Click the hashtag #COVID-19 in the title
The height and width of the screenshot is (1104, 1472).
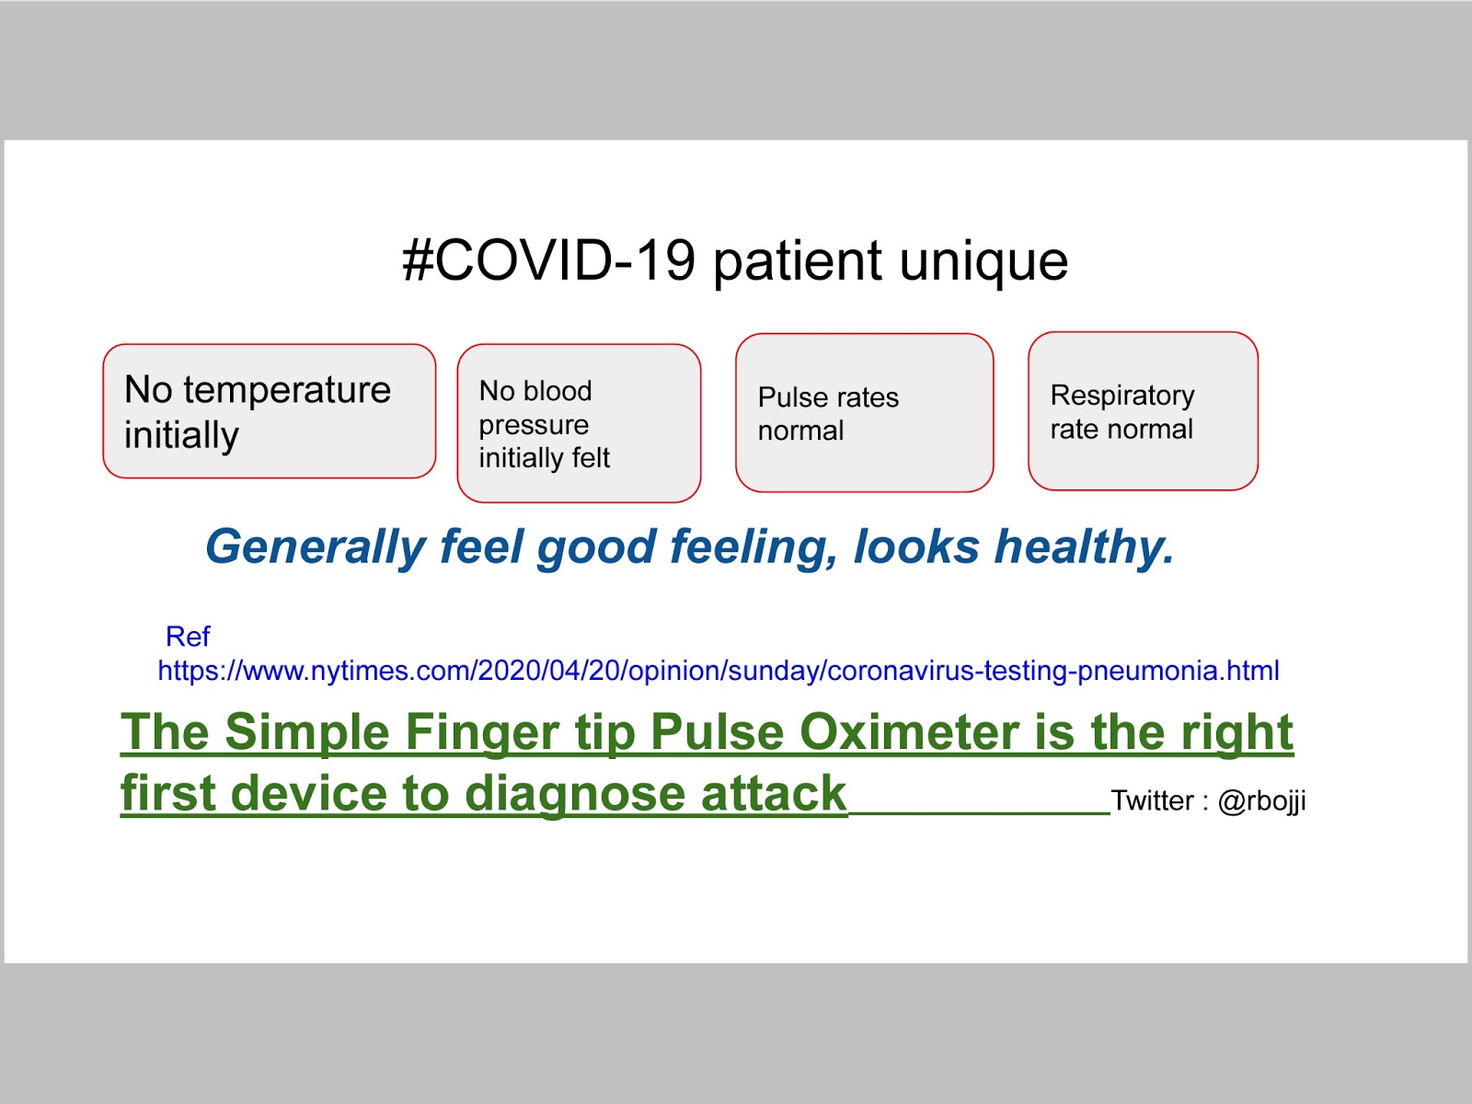548,260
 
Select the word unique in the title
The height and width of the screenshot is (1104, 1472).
983,263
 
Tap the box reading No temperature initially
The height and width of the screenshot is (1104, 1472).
269,411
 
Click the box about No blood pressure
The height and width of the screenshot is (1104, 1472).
579,423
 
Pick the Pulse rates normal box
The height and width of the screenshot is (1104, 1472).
865,413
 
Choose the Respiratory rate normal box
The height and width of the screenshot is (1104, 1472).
1143,411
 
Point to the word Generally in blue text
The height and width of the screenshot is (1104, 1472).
316,547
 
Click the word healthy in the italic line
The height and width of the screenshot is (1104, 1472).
1084,547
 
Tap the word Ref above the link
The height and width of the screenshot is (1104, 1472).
188,636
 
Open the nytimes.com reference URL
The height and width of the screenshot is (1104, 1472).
719,671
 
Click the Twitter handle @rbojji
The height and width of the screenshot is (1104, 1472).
1261,801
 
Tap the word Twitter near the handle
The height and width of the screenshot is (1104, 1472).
1152,800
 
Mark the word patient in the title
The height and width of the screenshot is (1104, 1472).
798,263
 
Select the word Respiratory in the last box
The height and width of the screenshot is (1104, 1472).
1122,397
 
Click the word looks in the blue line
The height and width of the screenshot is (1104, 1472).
916,546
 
